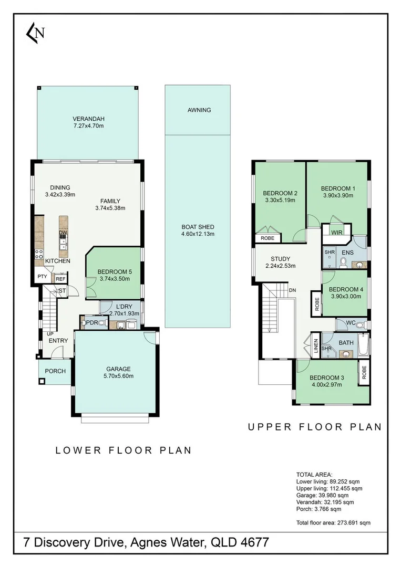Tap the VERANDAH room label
click(x=89, y=119)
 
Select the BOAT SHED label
click(x=198, y=227)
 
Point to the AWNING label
click(x=199, y=110)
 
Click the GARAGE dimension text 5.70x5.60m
click(x=118, y=376)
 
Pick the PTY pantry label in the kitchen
click(x=43, y=277)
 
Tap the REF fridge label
click(x=60, y=279)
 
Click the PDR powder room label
click(x=92, y=322)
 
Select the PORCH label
click(x=55, y=371)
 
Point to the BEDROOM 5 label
click(x=115, y=272)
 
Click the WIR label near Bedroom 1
click(x=336, y=233)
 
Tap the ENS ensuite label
click(x=347, y=253)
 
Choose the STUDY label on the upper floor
click(x=281, y=259)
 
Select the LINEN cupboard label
click(x=316, y=346)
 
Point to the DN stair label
click(x=292, y=290)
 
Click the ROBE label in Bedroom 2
click(x=268, y=238)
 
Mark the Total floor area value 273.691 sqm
click(x=354, y=522)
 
